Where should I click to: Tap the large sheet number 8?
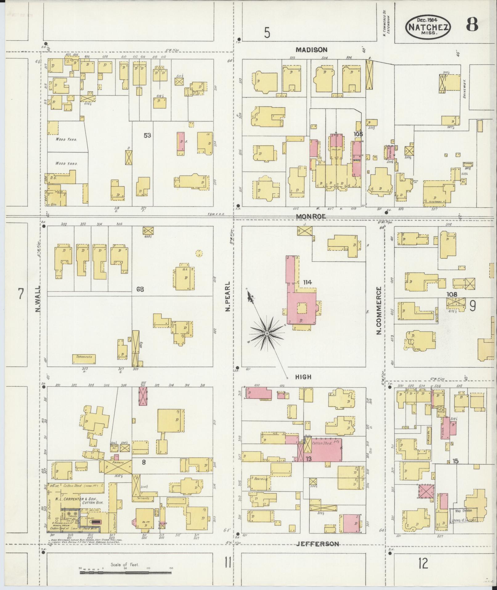pos(472,25)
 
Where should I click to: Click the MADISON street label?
pos(311,49)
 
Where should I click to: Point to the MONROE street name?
pos(311,217)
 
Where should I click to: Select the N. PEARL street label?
pos(228,296)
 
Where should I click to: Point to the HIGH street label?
pos(303,377)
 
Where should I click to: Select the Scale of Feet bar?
pos(125,573)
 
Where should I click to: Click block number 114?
pos(307,282)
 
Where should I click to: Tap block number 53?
pos(147,135)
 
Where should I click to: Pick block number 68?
pos(140,289)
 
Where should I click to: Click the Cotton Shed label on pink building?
pos(322,443)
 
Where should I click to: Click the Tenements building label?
pos(84,357)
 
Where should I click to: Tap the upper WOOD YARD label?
pos(66,139)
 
